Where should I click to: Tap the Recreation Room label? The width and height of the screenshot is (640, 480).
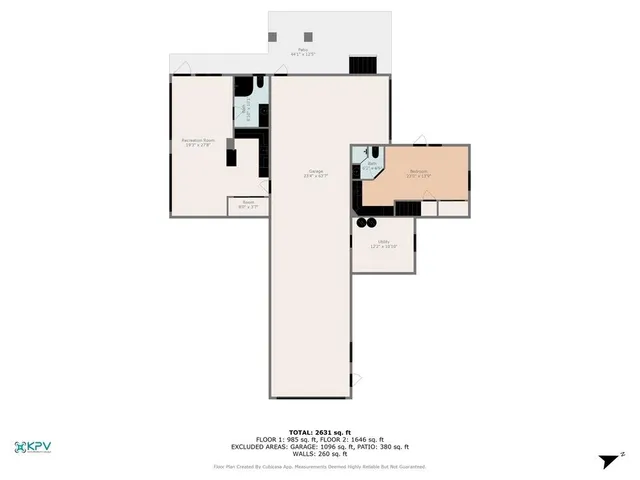[x=197, y=142]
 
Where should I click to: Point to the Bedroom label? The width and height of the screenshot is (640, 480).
[x=418, y=173]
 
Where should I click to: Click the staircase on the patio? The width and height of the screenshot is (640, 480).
[x=361, y=64]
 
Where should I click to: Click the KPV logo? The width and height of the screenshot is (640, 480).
[x=35, y=447]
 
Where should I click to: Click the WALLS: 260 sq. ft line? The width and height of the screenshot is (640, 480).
[x=319, y=454]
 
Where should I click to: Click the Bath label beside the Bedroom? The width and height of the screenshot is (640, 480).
[x=372, y=166]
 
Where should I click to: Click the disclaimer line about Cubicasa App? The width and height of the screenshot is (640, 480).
[x=319, y=466]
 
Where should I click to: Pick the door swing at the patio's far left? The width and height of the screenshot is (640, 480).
[x=181, y=68]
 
